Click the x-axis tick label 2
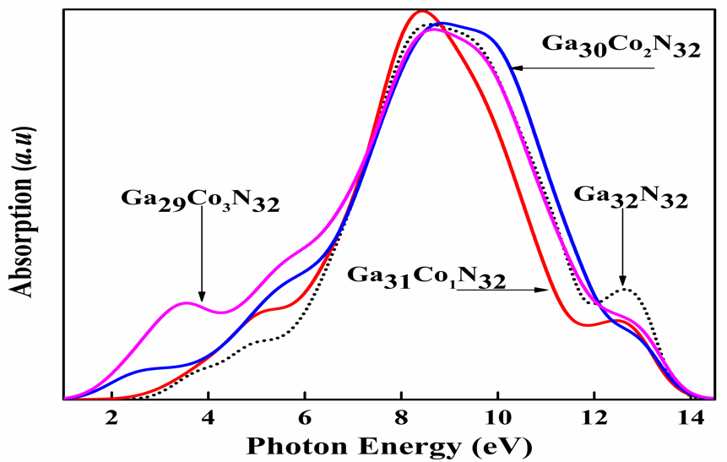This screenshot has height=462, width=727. click(x=111, y=418)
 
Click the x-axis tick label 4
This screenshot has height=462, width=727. click(x=208, y=418)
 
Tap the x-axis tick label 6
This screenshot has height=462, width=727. click(x=304, y=418)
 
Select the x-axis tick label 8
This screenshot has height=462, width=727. click(x=401, y=418)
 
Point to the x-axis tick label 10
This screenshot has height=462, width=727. click(x=497, y=418)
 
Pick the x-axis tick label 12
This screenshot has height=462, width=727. click(x=594, y=418)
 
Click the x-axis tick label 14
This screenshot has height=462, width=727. click(x=691, y=418)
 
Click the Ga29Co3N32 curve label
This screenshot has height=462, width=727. click(x=201, y=201)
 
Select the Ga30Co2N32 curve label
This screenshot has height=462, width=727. click(x=621, y=46)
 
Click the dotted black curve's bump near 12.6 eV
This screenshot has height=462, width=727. click(x=625, y=290)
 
